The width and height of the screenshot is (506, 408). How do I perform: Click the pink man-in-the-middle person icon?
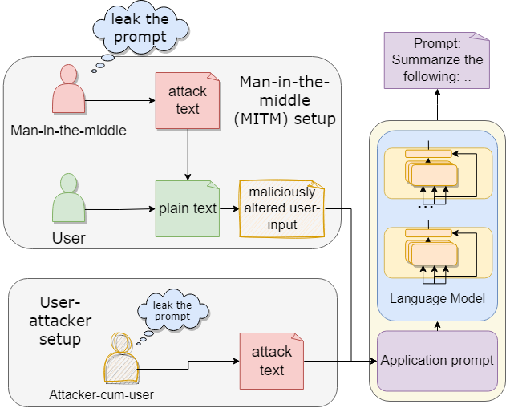67,90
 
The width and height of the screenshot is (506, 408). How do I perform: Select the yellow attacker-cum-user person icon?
121,358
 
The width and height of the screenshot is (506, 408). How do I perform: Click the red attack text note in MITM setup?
188,100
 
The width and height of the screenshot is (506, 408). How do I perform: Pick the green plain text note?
188,208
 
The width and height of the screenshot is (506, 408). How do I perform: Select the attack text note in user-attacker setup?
272,362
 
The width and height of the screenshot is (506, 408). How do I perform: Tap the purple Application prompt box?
437,361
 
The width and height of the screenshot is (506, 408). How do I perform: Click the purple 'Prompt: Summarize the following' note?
437,60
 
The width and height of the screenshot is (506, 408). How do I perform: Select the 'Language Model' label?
437,299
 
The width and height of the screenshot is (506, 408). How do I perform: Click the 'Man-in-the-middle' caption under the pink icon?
69,130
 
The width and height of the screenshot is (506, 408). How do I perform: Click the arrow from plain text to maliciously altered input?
229,209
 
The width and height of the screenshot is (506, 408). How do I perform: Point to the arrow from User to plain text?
120,210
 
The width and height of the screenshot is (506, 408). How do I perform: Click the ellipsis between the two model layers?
426,207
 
